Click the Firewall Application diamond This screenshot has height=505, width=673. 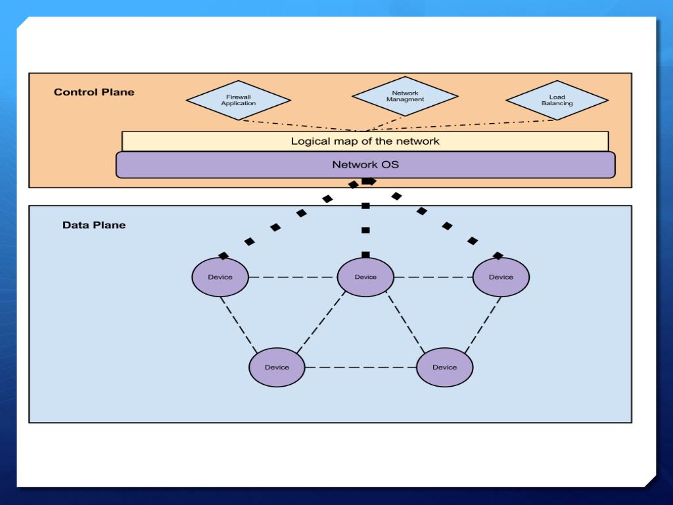coord(239,100)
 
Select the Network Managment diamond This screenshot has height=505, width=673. coord(405,96)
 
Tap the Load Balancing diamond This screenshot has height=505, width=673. coord(557,100)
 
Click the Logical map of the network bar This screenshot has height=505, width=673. coord(365,141)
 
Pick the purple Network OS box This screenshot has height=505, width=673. coord(365,164)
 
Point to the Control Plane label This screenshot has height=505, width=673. coord(94,92)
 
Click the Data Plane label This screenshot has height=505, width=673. coord(94,225)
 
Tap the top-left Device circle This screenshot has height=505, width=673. coord(220,277)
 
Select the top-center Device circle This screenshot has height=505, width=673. coord(365,277)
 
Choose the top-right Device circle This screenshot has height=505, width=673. coord(501,277)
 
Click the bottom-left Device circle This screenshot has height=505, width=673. coord(277,367)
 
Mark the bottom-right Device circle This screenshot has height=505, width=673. coord(445,367)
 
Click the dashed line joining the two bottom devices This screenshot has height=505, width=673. coord(361,368)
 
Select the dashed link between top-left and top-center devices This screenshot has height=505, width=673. coord(292,277)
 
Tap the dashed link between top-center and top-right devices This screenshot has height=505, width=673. coord(433,277)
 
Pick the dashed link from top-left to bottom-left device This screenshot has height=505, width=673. coord(239,325)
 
